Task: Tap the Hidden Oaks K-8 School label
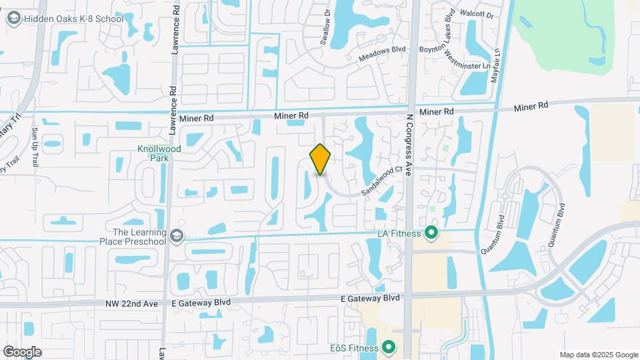tap(73, 19)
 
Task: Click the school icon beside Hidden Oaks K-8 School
tap(13, 19)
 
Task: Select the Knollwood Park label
tap(153, 154)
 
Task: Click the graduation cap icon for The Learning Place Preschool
tap(176, 237)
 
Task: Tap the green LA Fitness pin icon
tap(431, 233)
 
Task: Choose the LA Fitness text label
tap(399, 233)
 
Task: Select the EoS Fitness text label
tap(354, 348)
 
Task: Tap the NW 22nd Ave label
tap(132, 303)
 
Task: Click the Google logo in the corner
tap(22, 351)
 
